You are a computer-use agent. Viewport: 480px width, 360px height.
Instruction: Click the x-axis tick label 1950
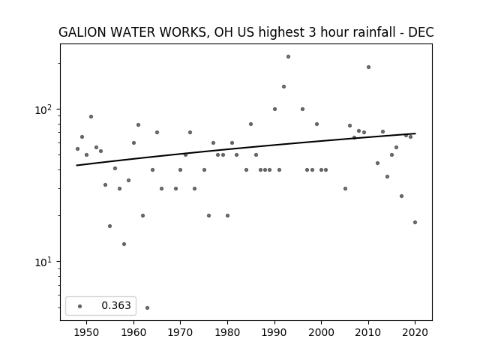coord(86,332)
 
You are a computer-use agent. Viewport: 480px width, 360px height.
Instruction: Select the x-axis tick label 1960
coord(133,332)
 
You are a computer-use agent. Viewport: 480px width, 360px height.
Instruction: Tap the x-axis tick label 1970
coord(180,332)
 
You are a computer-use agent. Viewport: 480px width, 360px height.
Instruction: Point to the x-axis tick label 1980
coord(227,332)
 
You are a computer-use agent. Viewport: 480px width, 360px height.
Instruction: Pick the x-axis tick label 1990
coord(274,332)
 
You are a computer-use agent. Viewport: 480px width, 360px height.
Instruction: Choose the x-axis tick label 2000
coord(321,332)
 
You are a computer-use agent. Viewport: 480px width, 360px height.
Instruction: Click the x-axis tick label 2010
coord(368,332)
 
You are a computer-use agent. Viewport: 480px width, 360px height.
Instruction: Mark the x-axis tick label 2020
coord(415,332)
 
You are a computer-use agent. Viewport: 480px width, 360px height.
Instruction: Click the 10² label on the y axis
coord(45,109)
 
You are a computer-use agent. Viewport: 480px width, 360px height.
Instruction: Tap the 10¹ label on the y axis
coord(45,262)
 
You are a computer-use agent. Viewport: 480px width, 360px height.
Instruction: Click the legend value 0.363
coord(116,305)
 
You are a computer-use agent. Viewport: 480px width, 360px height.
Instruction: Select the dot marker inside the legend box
coord(80,306)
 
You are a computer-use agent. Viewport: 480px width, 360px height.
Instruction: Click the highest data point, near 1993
coord(288,57)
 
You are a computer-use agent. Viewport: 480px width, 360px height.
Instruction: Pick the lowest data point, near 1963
coord(147,307)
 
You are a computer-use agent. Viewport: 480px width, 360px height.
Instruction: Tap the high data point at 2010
coord(368,67)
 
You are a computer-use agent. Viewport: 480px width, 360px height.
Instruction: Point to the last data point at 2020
coord(415,222)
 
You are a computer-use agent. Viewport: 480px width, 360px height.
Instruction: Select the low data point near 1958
coord(124,244)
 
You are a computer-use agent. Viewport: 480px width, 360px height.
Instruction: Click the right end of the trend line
coord(415,133)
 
